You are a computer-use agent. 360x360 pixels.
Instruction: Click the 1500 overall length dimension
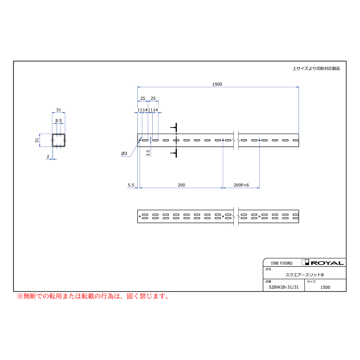pyautogui.click(x=217, y=84)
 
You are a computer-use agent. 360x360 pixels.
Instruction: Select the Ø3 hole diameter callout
pyautogui.click(x=124, y=153)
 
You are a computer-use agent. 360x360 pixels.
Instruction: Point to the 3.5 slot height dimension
pyautogui.click(x=148, y=153)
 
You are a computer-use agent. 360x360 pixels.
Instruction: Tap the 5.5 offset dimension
pyautogui.click(x=131, y=185)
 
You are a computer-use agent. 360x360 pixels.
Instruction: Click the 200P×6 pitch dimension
pyautogui.click(x=241, y=185)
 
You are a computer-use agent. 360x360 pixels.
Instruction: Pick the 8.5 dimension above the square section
pyautogui.click(x=58, y=120)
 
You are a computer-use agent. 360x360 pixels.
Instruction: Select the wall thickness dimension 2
pyautogui.click(x=48, y=156)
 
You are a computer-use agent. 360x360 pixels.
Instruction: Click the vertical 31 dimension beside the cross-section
pyautogui.click(x=37, y=140)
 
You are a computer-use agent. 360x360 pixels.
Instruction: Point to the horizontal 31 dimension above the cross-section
pyautogui.click(x=58, y=110)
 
